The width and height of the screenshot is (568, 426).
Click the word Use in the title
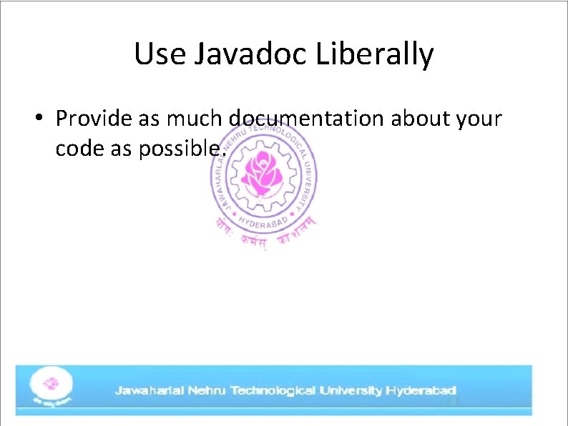pyautogui.click(x=160, y=54)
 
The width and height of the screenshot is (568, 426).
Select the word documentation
pyautogui.click(x=307, y=118)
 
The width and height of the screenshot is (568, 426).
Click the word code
pyautogui.click(x=77, y=149)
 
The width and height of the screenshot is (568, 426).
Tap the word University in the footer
pyautogui.click(x=351, y=391)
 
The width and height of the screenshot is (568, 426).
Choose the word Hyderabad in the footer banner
pyautogui.click(x=421, y=391)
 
